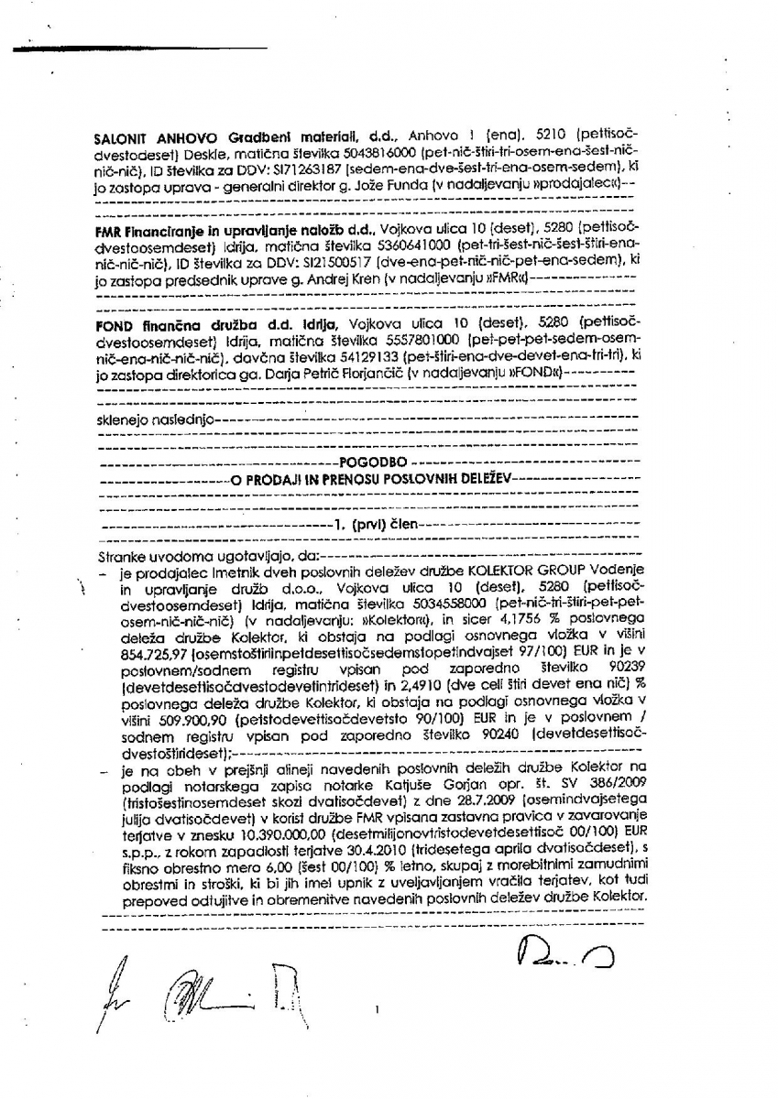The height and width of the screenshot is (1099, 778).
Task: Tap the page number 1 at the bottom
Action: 377,1010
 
